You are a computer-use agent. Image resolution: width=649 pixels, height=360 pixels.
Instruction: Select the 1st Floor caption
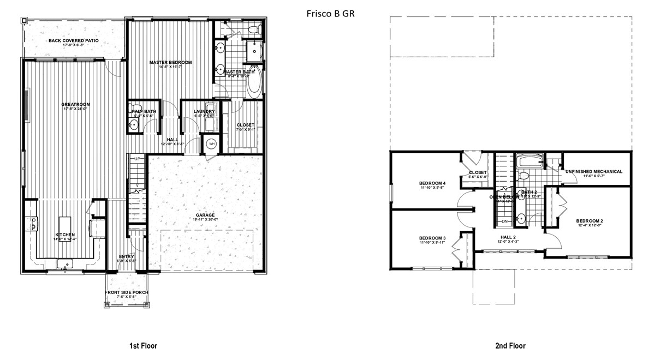point(143,346)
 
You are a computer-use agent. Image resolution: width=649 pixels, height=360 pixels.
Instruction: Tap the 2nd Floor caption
point(511,346)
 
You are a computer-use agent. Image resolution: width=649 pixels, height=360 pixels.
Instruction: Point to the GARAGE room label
point(205,215)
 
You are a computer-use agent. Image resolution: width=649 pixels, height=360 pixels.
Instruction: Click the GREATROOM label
point(75,104)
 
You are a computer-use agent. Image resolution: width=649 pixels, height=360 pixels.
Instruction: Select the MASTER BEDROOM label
point(170,63)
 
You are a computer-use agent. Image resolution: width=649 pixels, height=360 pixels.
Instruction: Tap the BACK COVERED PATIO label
point(70,40)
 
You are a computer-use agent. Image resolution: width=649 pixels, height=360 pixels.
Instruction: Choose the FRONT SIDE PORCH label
point(127,292)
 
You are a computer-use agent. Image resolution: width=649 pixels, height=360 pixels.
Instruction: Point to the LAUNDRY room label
point(204,112)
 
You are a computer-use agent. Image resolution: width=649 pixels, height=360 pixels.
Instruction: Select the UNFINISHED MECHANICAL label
point(594,172)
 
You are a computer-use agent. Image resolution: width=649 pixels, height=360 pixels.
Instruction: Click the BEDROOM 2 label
point(590,221)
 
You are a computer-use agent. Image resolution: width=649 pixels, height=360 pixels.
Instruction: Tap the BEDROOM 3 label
point(432,238)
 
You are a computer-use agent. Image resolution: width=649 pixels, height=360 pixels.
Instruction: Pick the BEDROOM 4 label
point(432,183)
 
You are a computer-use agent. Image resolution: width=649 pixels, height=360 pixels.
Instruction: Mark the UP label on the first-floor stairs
point(138,158)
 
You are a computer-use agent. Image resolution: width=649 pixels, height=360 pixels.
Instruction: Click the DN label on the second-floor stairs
point(504,221)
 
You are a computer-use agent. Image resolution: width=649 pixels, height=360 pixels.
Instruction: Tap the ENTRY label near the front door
point(127,256)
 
